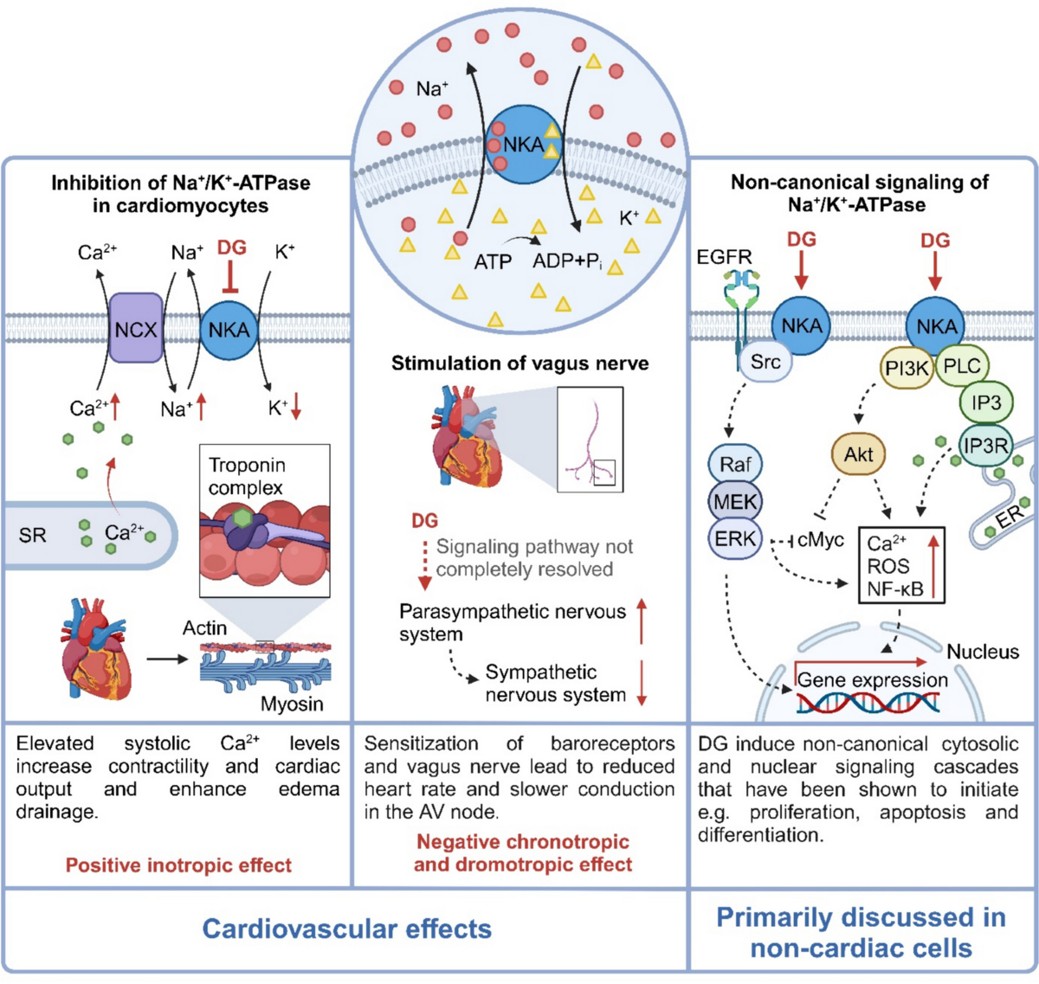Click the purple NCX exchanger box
click(x=136, y=328)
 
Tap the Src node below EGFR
click(x=765, y=362)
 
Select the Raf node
click(x=735, y=464)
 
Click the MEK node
click(x=735, y=501)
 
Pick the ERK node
click(x=735, y=539)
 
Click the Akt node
click(x=858, y=454)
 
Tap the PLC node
click(x=961, y=365)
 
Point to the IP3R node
click(x=985, y=446)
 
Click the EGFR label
click(x=725, y=257)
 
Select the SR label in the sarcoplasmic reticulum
click(x=32, y=535)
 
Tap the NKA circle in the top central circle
click(x=523, y=145)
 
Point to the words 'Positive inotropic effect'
click(x=178, y=865)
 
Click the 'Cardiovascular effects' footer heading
click(x=346, y=929)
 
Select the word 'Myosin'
click(x=292, y=704)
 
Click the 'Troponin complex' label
click(x=246, y=476)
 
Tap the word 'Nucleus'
click(x=983, y=651)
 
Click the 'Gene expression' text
click(x=872, y=679)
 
